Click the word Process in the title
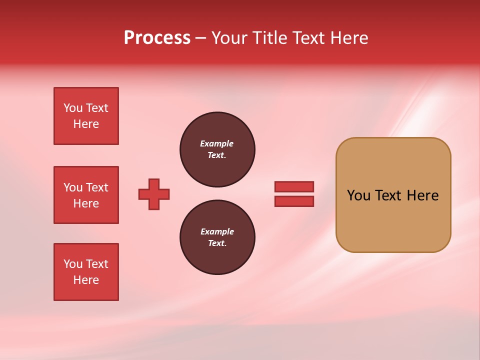157,38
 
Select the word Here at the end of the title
347,38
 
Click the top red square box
86,116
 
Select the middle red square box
86,195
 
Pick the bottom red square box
86,272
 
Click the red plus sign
154,194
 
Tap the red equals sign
294,194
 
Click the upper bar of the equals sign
294,186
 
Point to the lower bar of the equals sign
294,201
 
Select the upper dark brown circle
217,149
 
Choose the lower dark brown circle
217,237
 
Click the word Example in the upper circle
216,143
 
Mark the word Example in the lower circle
217,231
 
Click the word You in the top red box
73,108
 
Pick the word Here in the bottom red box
86,280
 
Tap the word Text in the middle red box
97,187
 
